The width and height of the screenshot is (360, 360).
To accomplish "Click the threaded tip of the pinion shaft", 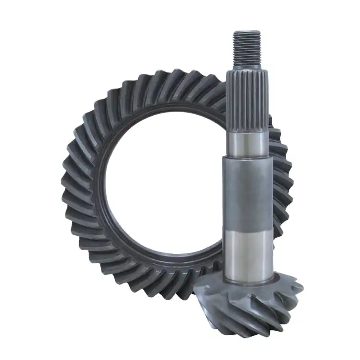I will (x=246, y=47).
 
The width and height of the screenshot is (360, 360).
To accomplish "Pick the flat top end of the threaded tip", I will (x=246, y=31).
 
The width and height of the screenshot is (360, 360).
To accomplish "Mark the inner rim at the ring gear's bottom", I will (x=166, y=261).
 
